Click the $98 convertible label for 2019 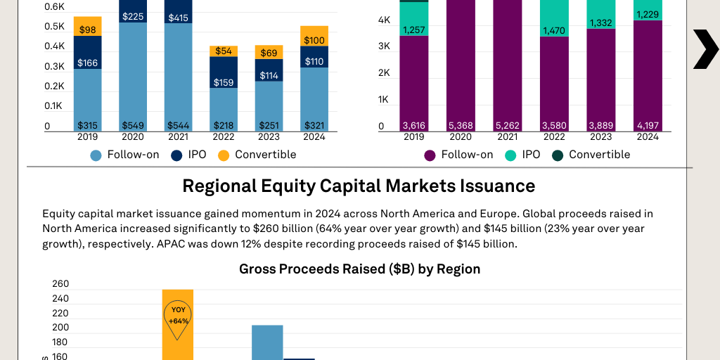(x=88, y=30)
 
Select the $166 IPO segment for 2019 (x=88, y=63)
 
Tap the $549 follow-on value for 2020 (x=133, y=126)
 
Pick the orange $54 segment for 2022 (x=223, y=51)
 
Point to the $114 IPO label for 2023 (x=269, y=75)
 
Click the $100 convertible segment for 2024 (x=314, y=40)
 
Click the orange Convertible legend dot (x=224, y=155)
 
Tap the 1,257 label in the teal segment (x=414, y=30)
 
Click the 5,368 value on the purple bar (x=460, y=126)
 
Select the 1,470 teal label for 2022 (x=554, y=31)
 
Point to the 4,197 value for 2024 (x=648, y=126)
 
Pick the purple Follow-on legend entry (x=458, y=155)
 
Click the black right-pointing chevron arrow (x=705, y=49)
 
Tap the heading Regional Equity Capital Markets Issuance (x=359, y=186)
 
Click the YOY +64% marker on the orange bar (x=177, y=315)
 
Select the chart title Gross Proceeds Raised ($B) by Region (x=359, y=269)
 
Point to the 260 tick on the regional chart (x=60, y=284)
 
